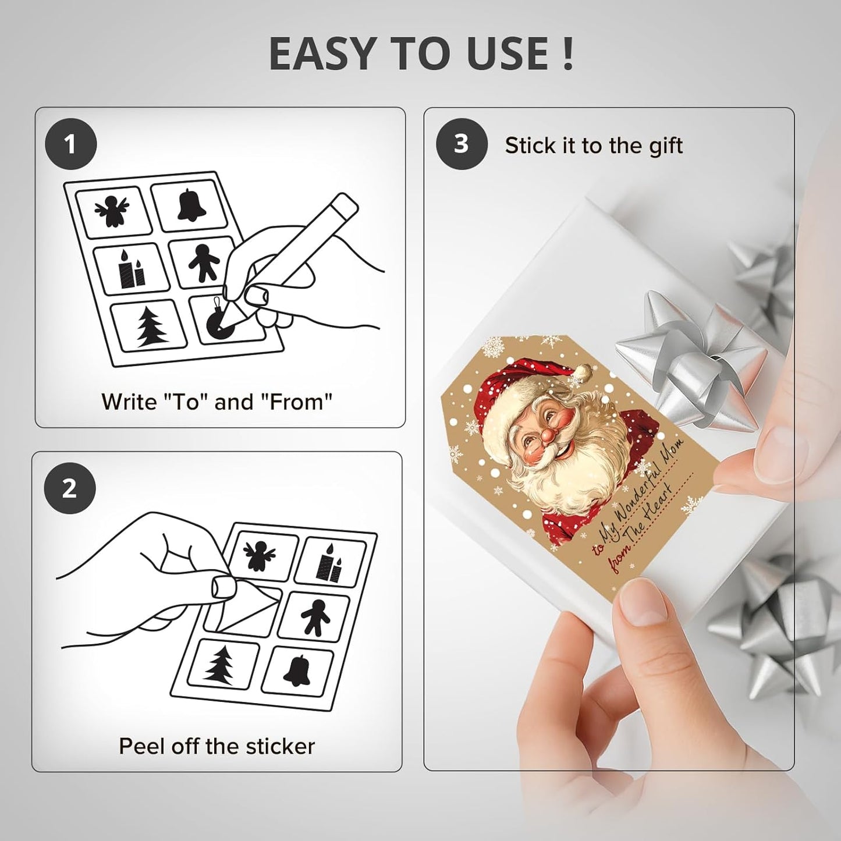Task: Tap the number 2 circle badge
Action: click(x=70, y=489)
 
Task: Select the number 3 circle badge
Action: click(x=461, y=144)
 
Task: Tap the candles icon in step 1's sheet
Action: click(x=131, y=269)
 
